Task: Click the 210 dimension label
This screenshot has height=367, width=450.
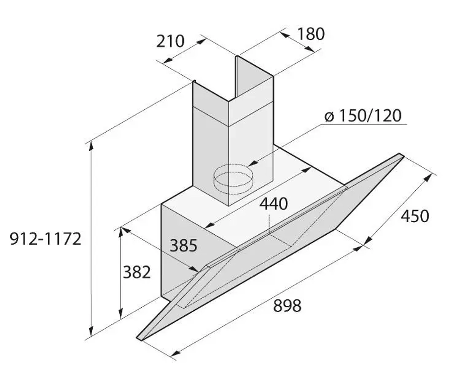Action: [x=170, y=41]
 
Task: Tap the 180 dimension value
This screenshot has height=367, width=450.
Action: [x=311, y=34]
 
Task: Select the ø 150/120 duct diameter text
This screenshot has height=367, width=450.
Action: [x=363, y=116]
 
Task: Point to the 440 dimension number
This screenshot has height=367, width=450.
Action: [x=273, y=204]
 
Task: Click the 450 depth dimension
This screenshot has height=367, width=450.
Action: [x=415, y=216]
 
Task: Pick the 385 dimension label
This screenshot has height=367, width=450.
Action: [x=184, y=246]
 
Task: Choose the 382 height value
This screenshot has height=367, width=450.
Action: [x=137, y=272]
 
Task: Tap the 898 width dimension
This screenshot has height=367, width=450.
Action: [x=287, y=305]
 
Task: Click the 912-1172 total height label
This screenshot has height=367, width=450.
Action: [x=45, y=239]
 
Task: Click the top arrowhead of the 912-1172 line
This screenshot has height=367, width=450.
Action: [x=91, y=145]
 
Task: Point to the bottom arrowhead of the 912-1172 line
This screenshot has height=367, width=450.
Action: [x=91, y=332]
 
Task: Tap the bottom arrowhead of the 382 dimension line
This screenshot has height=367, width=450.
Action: [x=121, y=313]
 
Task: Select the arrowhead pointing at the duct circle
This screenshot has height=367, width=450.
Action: [x=252, y=164]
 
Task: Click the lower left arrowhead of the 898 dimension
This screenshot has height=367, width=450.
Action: [x=175, y=353]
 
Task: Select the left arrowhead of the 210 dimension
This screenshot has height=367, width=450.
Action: [x=167, y=60]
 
